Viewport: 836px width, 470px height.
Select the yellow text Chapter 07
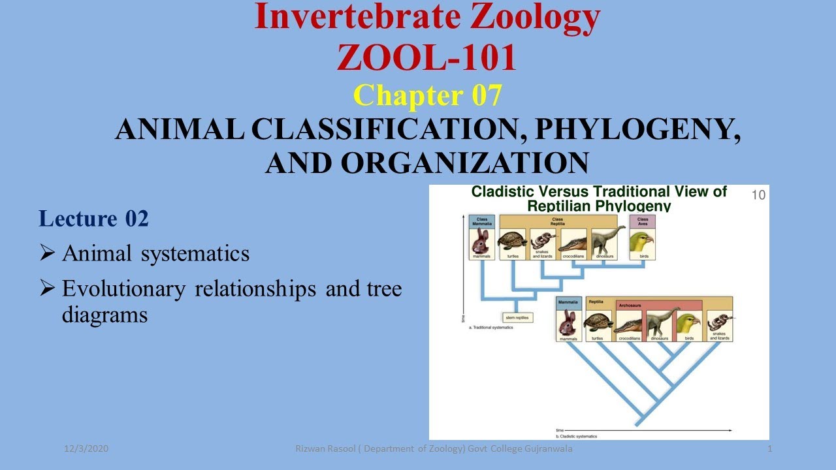427,95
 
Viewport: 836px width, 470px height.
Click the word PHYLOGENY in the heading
637,130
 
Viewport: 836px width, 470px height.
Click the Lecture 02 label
93,219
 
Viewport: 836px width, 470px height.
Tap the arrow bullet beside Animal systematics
47,253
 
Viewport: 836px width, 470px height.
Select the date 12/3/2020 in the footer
86,448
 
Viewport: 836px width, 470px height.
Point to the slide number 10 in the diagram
758,195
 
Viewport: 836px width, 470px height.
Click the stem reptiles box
518,317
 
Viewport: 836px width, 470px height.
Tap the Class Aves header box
642,221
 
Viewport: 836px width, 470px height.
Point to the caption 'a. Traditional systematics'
491,327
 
